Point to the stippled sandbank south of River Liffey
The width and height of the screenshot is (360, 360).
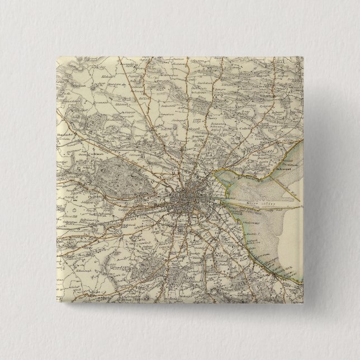point(268,229)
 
